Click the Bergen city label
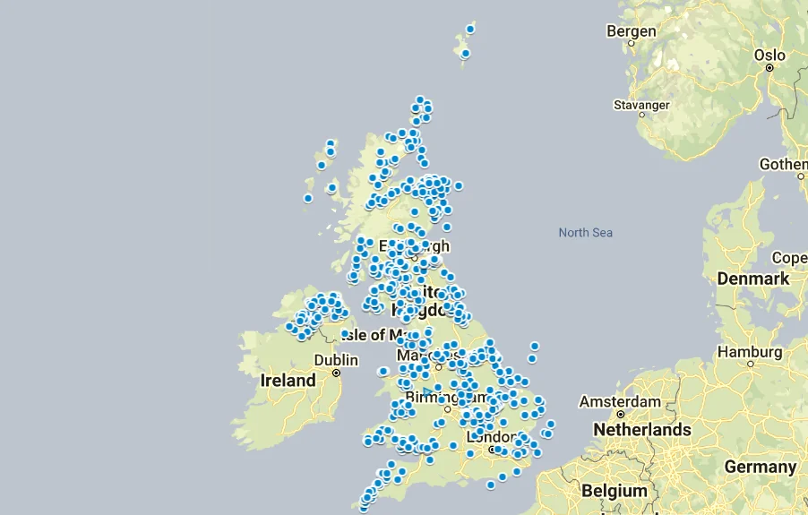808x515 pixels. coord(632,31)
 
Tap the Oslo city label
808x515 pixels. coord(769,56)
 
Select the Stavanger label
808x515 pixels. coord(640,105)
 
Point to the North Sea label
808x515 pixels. coord(585,233)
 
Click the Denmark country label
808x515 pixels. coord(752,279)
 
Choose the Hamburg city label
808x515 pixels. coord(749,352)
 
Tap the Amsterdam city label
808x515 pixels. coord(620,402)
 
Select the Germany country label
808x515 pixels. coord(760,467)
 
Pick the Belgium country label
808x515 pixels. coord(614,491)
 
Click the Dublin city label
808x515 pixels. coord(336,360)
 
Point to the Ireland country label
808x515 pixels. coord(288,381)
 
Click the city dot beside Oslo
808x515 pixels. coord(769,69)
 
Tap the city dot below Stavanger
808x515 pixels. coord(641,115)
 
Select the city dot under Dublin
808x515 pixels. coord(336,373)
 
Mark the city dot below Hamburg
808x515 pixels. coord(751,364)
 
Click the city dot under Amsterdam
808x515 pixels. coord(620,415)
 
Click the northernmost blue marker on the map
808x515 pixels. coord(470,29)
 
